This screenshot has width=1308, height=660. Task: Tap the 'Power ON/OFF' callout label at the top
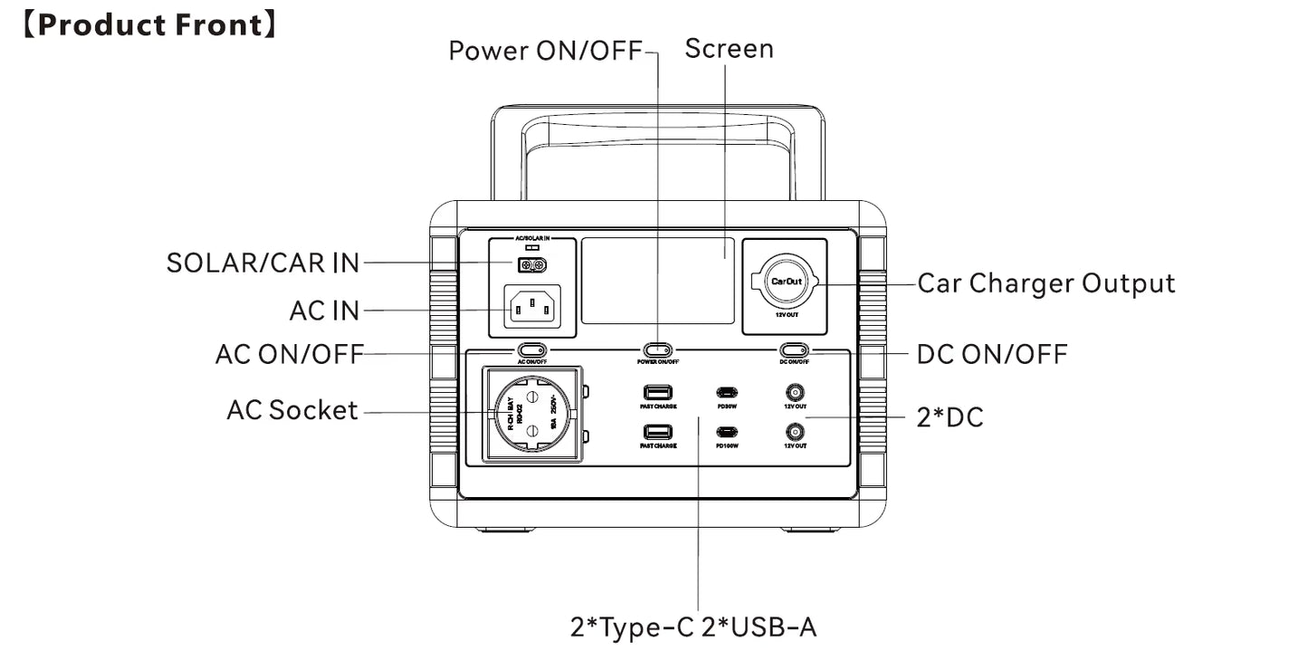tap(545, 51)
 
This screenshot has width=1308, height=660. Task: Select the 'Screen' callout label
tap(729, 48)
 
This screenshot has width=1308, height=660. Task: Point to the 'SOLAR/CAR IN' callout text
tap(263, 263)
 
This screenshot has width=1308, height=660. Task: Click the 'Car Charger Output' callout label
tap(1046, 283)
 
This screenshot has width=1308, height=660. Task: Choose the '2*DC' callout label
tap(950, 417)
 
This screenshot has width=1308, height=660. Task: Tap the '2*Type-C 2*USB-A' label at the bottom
tap(693, 627)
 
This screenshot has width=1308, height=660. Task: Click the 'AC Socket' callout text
tap(292, 410)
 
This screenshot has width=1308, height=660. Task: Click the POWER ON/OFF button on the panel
tap(658, 349)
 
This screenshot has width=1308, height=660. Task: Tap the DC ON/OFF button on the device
tap(795, 349)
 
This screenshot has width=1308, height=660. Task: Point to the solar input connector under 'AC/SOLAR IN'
tap(531, 265)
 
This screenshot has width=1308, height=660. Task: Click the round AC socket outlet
tap(533, 416)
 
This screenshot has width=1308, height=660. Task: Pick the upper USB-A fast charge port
tap(658, 393)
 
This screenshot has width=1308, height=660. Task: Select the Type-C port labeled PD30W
tap(727, 393)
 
